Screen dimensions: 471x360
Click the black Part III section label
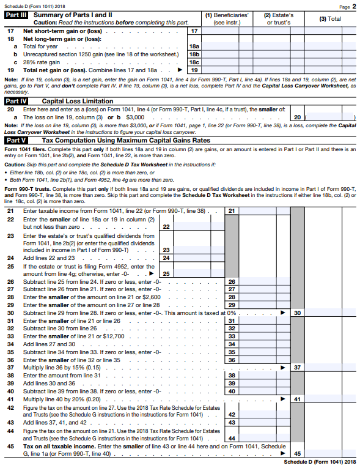click(16, 14)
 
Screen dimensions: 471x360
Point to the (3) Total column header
click(330, 18)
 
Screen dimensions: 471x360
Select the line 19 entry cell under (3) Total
click(330, 70)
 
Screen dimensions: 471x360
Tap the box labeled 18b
click(194, 54)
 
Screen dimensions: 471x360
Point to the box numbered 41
click(296, 399)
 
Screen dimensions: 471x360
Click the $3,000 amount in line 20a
click(134, 116)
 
